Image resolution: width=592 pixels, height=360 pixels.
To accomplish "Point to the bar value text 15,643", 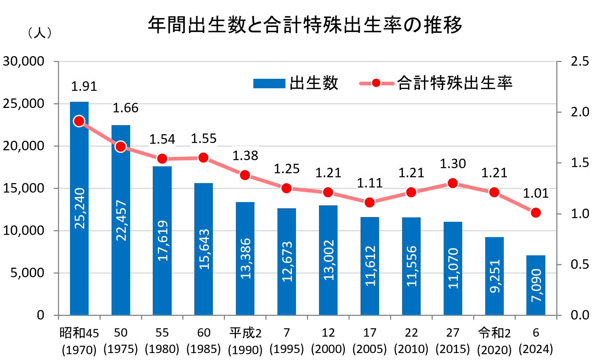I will [204, 249].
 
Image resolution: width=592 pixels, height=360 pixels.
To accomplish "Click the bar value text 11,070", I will [453, 268].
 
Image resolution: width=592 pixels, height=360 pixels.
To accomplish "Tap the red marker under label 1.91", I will [79, 121].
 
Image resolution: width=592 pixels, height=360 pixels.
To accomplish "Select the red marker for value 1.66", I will [121, 147].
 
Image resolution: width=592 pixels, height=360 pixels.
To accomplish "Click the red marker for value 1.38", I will [245, 175].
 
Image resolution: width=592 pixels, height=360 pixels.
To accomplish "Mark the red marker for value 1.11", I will [370, 202].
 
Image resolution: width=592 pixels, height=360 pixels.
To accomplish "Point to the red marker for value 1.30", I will [453, 183].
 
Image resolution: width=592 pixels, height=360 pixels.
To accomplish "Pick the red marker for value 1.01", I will [536, 213].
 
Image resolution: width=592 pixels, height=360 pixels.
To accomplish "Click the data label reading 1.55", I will [204, 138].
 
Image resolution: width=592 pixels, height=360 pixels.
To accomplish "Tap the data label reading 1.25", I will [287, 169].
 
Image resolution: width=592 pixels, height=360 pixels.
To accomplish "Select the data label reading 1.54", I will [162, 139].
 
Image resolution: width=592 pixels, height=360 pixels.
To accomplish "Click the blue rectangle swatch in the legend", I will [269, 84].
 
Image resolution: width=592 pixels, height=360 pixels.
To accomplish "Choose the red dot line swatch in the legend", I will [376, 83].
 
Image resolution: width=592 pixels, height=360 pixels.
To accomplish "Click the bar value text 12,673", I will [287, 261].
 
